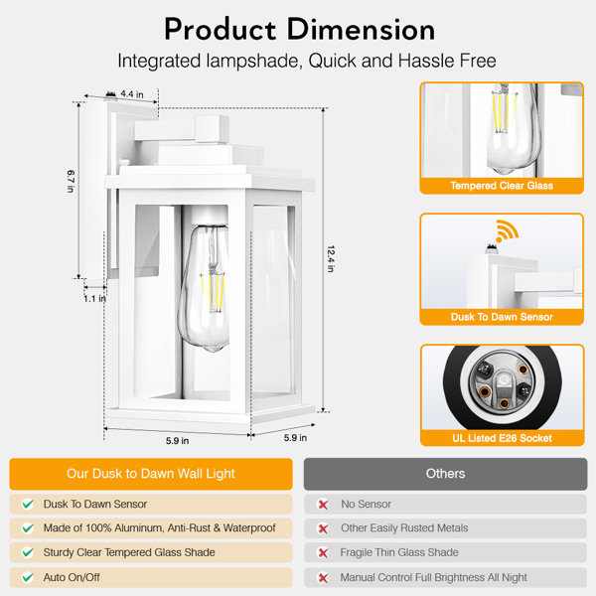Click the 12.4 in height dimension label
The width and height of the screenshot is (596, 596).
(x=331, y=259)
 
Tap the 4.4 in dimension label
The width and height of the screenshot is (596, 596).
(x=132, y=94)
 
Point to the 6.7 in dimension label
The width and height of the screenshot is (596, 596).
(x=71, y=181)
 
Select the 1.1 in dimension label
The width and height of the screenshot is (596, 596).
(x=94, y=299)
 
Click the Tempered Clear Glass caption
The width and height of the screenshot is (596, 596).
(x=502, y=186)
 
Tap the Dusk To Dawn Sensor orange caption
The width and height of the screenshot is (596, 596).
(x=502, y=317)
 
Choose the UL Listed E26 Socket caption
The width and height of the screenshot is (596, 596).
(x=502, y=438)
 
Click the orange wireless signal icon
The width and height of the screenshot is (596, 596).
(x=507, y=230)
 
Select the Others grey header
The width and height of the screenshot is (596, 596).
(x=445, y=474)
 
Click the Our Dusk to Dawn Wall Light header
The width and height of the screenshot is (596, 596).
(x=151, y=474)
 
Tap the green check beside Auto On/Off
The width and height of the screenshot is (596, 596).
(x=28, y=578)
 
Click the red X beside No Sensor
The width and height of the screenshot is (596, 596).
(x=323, y=505)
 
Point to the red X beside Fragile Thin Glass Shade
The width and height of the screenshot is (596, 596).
(x=323, y=552)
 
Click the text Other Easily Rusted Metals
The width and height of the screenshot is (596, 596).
(x=404, y=528)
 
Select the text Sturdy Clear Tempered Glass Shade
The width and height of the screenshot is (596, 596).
(x=129, y=552)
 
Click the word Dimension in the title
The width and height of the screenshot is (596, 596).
(x=361, y=30)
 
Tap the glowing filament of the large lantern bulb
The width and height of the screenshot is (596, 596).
(x=213, y=292)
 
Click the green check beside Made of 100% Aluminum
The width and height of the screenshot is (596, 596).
(x=28, y=528)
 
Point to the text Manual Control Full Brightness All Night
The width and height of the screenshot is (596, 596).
(x=433, y=577)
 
